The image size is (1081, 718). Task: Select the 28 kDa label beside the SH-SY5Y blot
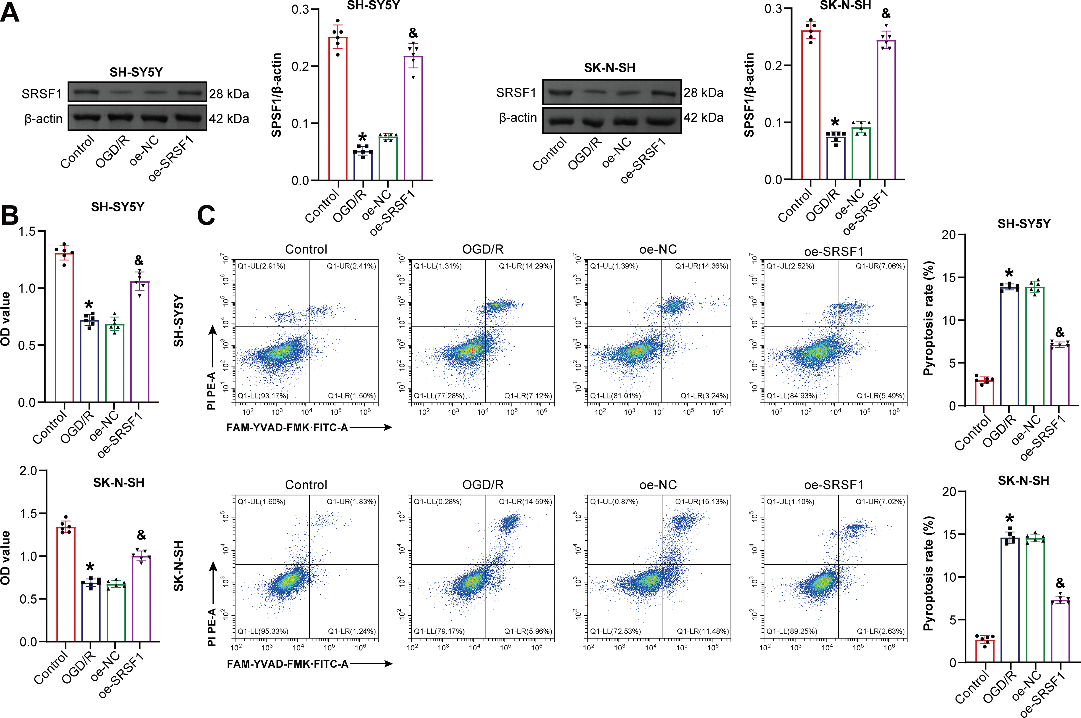click(x=229, y=94)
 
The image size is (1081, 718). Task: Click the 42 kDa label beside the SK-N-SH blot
click(x=704, y=118)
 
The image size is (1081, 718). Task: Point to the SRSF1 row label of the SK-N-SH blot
click(x=516, y=93)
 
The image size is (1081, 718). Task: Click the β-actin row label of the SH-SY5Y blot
click(x=44, y=119)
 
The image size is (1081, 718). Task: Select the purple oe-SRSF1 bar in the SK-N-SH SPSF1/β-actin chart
click(x=886, y=110)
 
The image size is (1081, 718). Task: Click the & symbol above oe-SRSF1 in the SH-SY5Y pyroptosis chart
click(x=1060, y=332)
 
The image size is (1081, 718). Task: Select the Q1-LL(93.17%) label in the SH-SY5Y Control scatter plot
click(x=263, y=396)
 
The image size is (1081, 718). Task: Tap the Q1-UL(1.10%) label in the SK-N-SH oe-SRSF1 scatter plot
click(x=790, y=502)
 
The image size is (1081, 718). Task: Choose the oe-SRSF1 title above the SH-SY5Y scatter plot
click(x=834, y=251)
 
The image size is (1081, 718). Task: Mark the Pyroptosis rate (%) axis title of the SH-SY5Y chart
click(x=928, y=319)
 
